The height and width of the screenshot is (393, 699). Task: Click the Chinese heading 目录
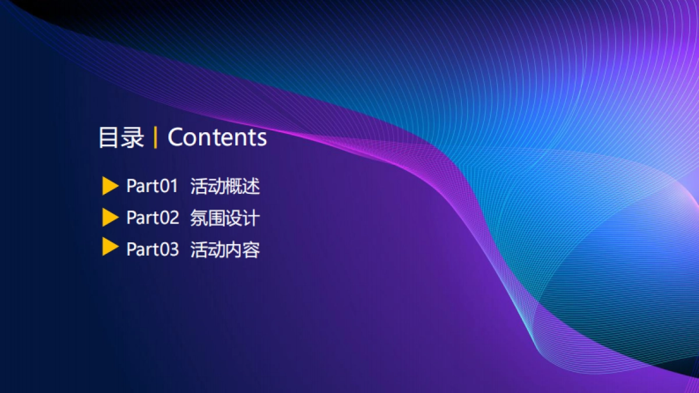121,137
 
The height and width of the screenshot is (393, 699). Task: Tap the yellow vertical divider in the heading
156,138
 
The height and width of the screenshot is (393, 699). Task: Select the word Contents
217,137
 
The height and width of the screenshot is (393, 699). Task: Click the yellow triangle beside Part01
110,186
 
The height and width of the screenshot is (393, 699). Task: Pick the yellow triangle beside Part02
110,217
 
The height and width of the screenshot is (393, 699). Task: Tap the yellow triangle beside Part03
110,246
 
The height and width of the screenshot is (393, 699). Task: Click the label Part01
152,186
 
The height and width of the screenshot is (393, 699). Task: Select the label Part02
153,217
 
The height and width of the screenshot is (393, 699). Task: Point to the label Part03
153,249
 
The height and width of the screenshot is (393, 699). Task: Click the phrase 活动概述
225,186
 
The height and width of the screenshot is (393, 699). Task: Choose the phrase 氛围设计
225,218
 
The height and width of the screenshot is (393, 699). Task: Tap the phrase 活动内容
225,250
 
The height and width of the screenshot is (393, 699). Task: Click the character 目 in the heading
109,137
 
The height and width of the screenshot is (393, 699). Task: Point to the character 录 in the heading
133,137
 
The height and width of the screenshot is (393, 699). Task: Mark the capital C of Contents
176,137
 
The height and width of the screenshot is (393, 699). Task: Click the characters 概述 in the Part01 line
242,186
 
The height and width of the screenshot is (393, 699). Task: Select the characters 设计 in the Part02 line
242,218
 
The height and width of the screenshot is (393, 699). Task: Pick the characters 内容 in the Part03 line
242,250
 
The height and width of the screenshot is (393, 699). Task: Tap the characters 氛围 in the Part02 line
207,218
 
